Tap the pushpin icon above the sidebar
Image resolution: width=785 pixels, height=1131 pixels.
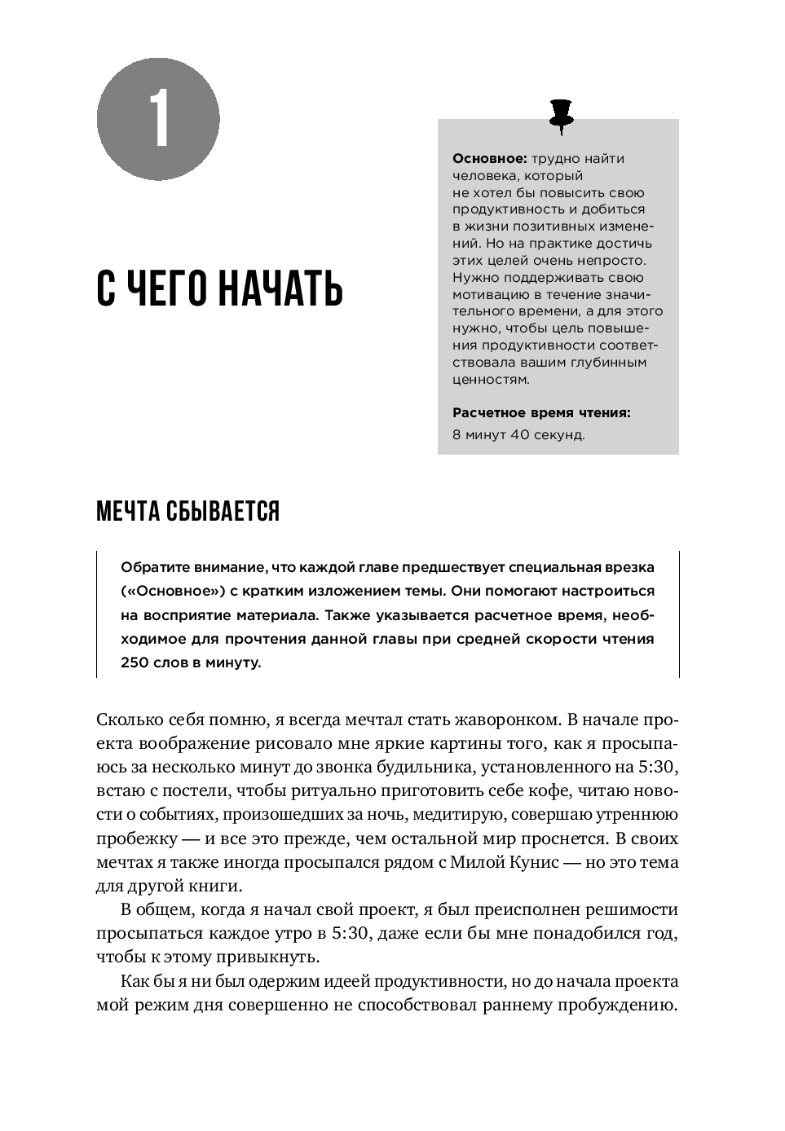pos(561,115)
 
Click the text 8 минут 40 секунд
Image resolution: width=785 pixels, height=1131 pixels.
pos(518,435)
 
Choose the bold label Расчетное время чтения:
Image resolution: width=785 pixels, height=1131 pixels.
pos(541,413)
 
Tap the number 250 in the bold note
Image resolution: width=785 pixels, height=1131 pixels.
pos(135,662)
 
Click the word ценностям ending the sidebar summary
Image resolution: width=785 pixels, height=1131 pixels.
pos(491,380)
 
